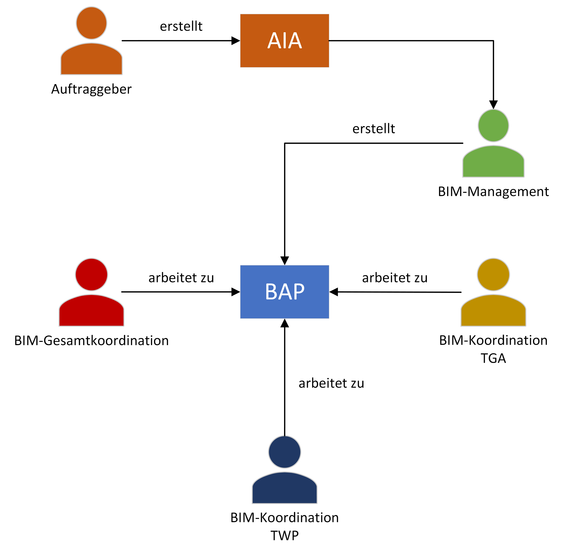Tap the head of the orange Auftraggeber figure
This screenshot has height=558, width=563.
[91, 23]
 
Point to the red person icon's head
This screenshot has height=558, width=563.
[91, 274]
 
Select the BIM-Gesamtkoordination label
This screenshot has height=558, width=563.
[91, 340]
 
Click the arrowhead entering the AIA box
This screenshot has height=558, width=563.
[235, 40]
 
